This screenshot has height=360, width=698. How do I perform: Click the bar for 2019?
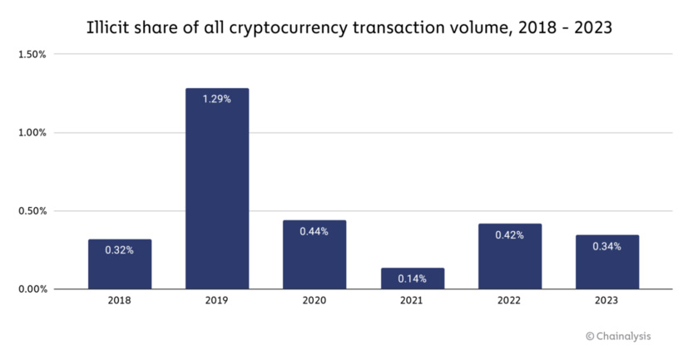pos(216,189)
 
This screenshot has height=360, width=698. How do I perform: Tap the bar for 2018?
pos(120,264)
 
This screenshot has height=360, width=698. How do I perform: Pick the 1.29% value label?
pos(216,99)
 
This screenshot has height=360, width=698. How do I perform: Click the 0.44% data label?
pos(314,231)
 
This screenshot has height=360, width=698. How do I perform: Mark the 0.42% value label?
pos(509,235)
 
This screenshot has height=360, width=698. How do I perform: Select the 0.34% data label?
pos(606,246)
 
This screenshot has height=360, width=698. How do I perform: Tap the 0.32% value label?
pos(120,249)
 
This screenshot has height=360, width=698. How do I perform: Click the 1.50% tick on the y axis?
pos(31,55)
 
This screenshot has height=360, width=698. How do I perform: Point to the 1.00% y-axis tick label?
pos(31,133)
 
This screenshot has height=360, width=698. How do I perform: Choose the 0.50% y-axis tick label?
pos(31,211)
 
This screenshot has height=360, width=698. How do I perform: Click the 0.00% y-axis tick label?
pos(31,289)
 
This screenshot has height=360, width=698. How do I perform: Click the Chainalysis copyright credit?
pos(618,336)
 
